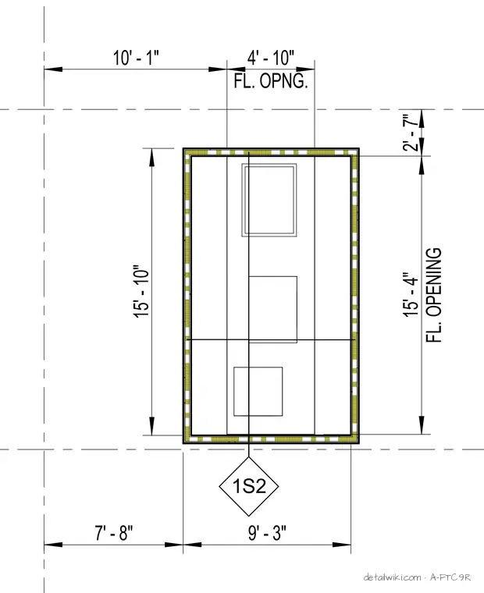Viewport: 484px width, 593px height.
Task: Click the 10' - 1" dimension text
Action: pyautogui.click(x=136, y=59)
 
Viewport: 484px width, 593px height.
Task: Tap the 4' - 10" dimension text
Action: pyautogui.click(x=271, y=58)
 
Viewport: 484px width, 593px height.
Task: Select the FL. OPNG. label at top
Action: pyautogui.click(x=271, y=81)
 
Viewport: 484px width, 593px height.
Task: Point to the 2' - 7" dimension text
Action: pyautogui.click(x=411, y=133)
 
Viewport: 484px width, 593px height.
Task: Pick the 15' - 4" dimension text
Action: pyautogui.click(x=411, y=293)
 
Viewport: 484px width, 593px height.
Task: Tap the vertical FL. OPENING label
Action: pyautogui.click(x=434, y=295)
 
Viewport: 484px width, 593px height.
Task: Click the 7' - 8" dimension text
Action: pyautogui.click(x=113, y=533)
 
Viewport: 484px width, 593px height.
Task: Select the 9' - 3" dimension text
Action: pyautogui.click(x=267, y=533)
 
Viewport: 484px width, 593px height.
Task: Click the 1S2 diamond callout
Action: pyautogui.click(x=249, y=486)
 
